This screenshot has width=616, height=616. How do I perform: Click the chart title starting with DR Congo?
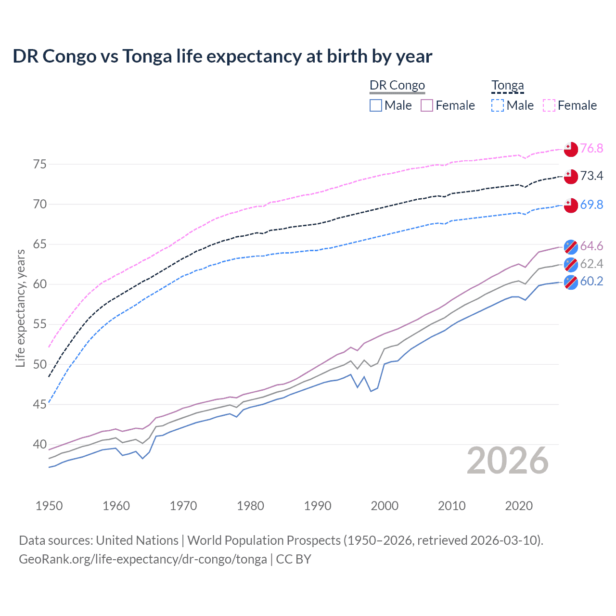click(x=222, y=56)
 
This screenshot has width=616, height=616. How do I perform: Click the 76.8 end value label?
click(x=591, y=148)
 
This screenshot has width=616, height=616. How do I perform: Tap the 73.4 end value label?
click(x=591, y=176)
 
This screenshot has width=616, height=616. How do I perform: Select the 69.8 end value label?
click(x=591, y=205)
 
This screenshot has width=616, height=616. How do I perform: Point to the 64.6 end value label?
click(x=591, y=246)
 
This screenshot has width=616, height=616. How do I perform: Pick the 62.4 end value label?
click(x=591, y=264)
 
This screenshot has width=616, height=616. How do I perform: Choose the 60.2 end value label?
click(x=591, y=281)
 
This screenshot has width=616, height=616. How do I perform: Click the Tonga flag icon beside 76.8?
click(x=571, y=149)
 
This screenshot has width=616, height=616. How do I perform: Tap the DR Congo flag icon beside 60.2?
click(x=571, y=282)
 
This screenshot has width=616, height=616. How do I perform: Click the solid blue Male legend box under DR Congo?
click(x=376, y=105)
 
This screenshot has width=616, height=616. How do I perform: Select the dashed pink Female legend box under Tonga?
click(x=549, y=105)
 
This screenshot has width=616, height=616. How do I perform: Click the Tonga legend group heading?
click(x=507, y=86)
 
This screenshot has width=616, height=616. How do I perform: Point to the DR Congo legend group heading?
click(x=397, y=86)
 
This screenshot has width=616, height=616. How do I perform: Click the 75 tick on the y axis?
click(x=40, y=164)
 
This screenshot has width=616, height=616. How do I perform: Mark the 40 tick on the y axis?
click(x=40, y=444)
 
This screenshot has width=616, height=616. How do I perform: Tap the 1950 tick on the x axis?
click(x=49, y=506)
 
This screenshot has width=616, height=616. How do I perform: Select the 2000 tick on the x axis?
click(x=385, y=506)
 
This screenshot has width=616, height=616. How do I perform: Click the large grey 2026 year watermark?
click(x=508, y=461)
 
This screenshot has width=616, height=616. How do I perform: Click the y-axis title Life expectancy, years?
click(x=20, y=308)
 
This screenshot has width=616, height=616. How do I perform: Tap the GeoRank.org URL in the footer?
click(x=143, y=559)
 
